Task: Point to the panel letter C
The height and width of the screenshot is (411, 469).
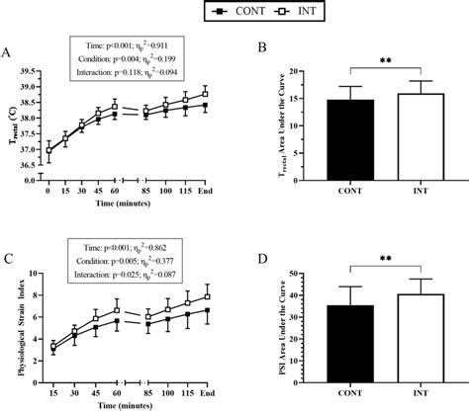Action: point(9,260)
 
